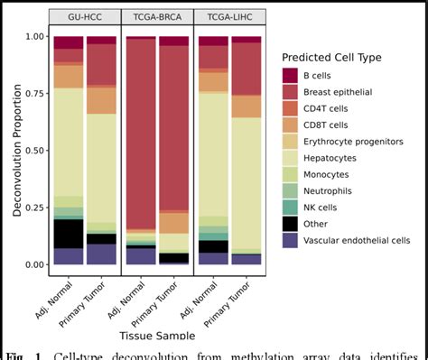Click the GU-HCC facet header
(x=85, y=17)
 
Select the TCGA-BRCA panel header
(x=157, y=17)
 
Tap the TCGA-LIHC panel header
(x=229, y=17)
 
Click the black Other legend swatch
(x=291, y=223)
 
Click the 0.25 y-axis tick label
(x=33, y=208)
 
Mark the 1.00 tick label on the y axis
(x=33, y=37)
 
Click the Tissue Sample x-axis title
(x=157, y=335)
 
